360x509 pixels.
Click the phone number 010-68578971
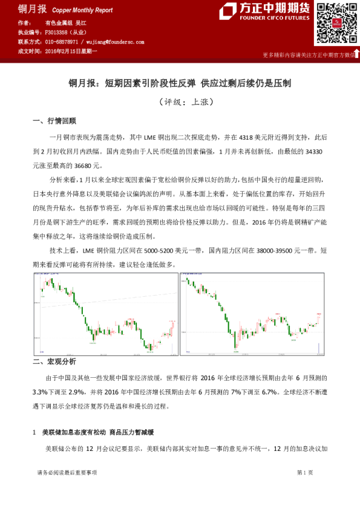(62, 42)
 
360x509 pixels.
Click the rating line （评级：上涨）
(180, 102)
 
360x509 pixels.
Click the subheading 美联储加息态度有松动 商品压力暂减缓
(97, 433)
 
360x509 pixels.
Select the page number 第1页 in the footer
(304, 472)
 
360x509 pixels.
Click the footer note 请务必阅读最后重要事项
(67, 472)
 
